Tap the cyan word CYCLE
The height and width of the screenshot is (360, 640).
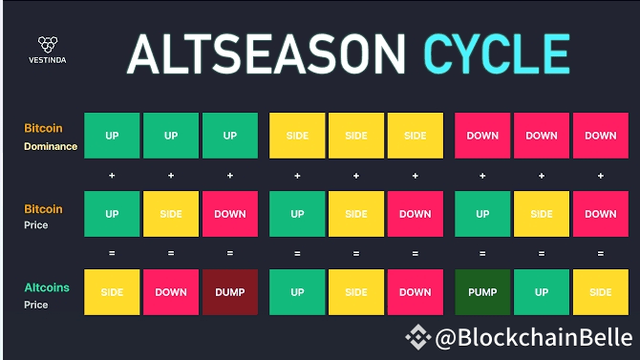pyautogui.click(x=497, y=53)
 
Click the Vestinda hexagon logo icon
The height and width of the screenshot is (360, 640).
pyautogui.click(x=48, y=44)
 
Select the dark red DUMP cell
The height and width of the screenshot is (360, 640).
pyautogui.click(x=230, y=292)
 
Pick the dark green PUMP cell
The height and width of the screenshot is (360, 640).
pyautogui.click(x=482, y=292)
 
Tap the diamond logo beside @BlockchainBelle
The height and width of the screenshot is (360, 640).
pyautogui.click(x=416, y=337)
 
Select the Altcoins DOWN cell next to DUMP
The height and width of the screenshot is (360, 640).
pyautogui.click(x=171, y=292)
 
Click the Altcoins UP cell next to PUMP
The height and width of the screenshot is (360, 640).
pyautogui.click(x=542, y=292)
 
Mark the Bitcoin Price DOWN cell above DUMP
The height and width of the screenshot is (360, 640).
pyautogui.click(x=230, y=214)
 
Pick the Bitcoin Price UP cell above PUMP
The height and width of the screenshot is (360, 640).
pyautogui.click(x=482, y=214)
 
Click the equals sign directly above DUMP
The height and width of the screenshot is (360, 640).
pyautogui.click(x=230, y=254)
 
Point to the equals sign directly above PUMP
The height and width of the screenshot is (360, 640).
pyautogui.click(x=482, y=254)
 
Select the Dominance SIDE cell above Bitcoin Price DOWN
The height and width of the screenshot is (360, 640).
pyautogui.click(x=416, y=136)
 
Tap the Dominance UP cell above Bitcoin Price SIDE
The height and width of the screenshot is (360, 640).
pyautogui.click(x=171, y=136)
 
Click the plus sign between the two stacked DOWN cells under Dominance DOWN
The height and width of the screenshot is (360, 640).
pyautogui.click(x=601, y=176)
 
